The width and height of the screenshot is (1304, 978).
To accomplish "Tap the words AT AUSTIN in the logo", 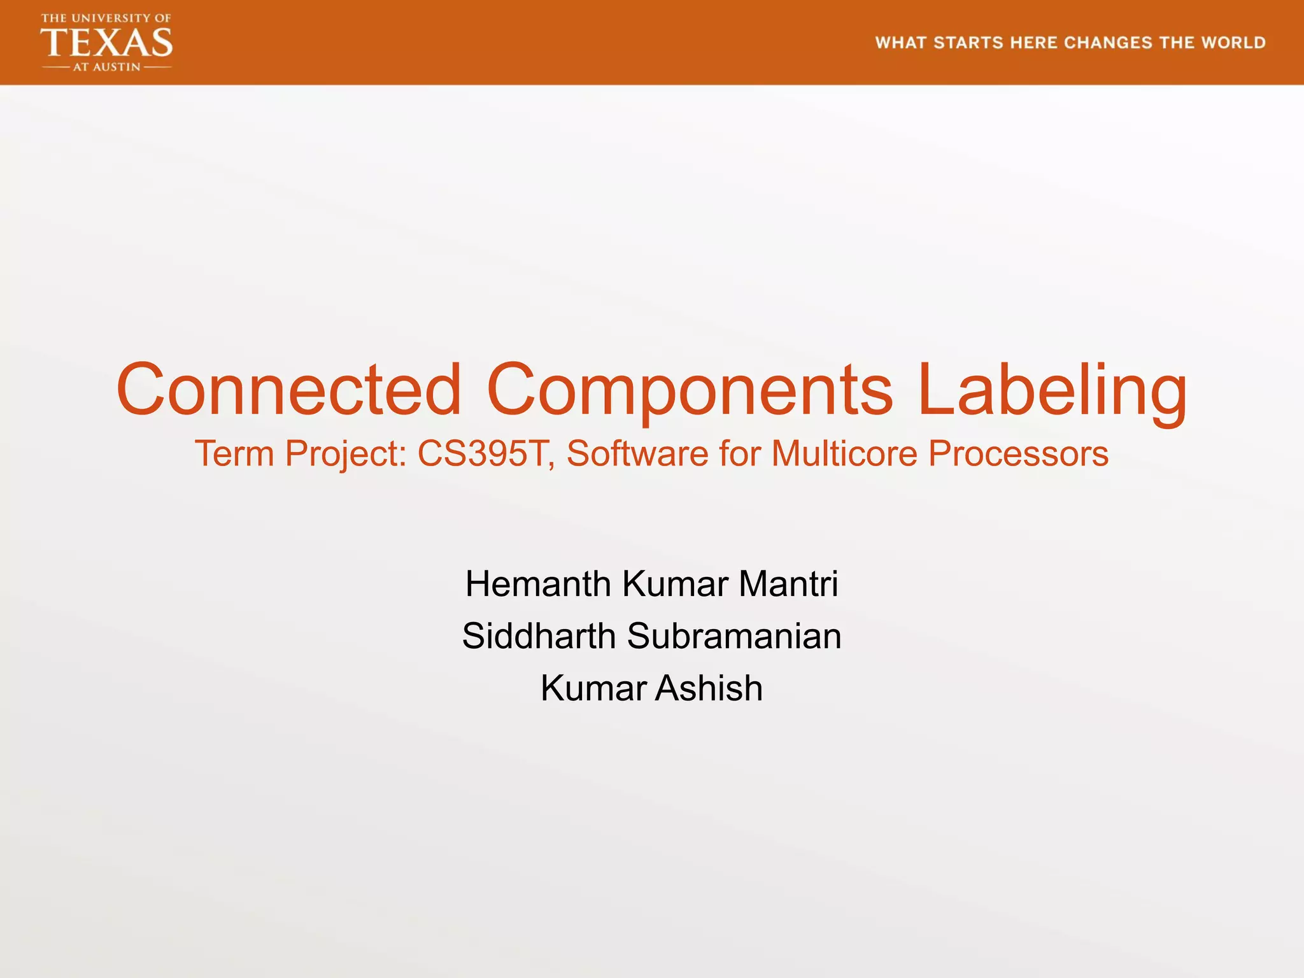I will click(106, 67).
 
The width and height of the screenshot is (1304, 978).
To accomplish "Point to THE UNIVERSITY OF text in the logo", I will click(106, 18).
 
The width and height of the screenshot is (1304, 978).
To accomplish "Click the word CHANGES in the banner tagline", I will click(1108, 43).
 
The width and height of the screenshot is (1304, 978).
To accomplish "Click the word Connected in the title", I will click(288, 389).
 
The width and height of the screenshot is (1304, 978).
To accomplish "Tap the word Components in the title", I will click(690, 389).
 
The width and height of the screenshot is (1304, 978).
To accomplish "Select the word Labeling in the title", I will click(1052, 389).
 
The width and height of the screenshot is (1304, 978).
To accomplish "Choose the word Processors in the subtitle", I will click(1018, 454).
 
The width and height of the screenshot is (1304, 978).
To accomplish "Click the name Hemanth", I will click(538, 584).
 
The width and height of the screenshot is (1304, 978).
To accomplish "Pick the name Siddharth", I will click(539, 636).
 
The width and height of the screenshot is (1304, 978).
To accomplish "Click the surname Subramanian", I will click(734, 636).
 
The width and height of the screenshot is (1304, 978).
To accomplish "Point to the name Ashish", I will click(709, 688).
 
